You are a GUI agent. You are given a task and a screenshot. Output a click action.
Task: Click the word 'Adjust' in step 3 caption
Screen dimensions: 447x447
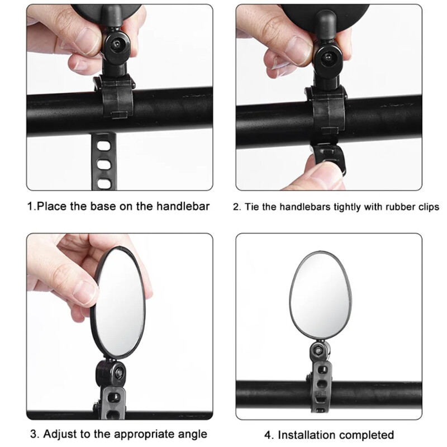tap(60, 434)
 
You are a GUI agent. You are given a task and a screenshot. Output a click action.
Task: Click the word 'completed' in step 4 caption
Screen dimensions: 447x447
tap(367, 436)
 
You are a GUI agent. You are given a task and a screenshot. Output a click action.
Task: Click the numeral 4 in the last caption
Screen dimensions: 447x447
tap(268, 435)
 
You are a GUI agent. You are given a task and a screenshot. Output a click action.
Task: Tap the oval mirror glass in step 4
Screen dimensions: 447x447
tap(320, 296)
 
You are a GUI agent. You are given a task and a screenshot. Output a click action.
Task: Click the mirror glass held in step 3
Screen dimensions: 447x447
tap(119, 302)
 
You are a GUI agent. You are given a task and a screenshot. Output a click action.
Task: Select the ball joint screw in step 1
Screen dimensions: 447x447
tap(117, 45)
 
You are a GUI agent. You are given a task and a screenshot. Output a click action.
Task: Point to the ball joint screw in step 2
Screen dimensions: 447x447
tap(329, 58)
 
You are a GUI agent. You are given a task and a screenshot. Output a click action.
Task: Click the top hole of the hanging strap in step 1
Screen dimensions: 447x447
tap(103, 146)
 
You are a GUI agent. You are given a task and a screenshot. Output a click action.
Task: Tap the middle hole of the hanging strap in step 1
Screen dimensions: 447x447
tap(103, 164)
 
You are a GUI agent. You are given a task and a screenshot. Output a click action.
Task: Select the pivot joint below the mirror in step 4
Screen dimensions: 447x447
tap(320, 350)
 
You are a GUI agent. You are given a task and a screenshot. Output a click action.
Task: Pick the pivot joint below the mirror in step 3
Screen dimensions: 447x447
tap(111, 372)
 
